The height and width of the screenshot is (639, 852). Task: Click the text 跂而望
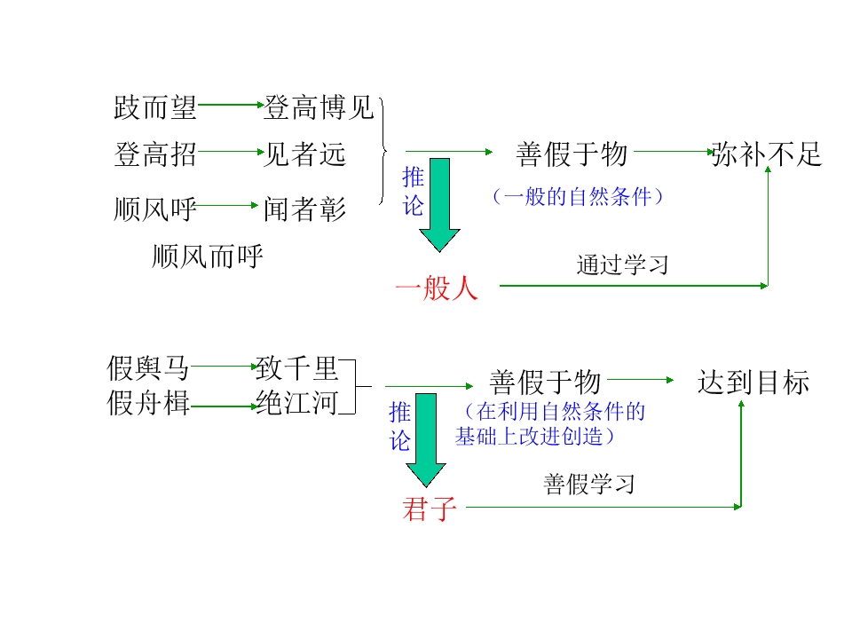[x=155, y=108]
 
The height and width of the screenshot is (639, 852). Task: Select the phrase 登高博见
[x=319, y=108]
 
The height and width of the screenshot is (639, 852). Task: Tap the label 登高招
[x=155, y=155]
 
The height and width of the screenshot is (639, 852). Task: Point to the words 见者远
[x=304, y=155]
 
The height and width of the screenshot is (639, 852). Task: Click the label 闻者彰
[x=304, y=209]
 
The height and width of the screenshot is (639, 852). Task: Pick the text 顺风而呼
[x=208, y=257]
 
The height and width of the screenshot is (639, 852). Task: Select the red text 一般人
[x=437, y=288]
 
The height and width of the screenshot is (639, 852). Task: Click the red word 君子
[x=429, y=509]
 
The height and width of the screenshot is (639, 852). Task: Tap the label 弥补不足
[x=767, y=155]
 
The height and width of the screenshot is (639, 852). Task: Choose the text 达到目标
[x=753, y=383]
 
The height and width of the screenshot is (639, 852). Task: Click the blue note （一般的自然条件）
[x=577, y=197]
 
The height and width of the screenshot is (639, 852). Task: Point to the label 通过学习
[x=621, y=264]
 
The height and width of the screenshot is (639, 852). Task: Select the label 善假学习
[x=589, y=485]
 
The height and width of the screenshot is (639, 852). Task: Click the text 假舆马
[x=148, y=366]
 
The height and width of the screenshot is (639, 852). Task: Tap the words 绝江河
[x=296, y=404]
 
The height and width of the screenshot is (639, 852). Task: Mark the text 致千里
[x=296, y=366]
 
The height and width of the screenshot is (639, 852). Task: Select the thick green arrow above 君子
[x=427, y=439]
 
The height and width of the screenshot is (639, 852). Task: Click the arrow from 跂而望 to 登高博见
[x=230, y=106]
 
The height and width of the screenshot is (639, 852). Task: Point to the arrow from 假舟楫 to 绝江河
[x=223, y=406]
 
